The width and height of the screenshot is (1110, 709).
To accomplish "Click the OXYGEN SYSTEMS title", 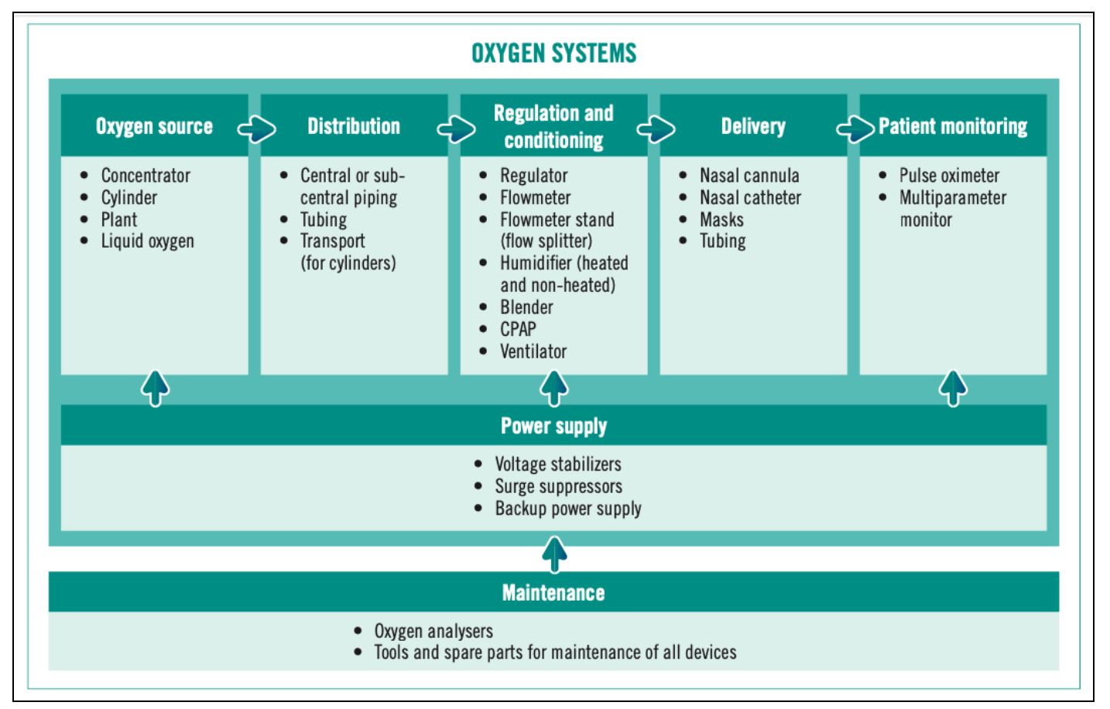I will (x=553, y=53).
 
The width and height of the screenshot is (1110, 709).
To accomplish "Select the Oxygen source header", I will (x=154, y=126).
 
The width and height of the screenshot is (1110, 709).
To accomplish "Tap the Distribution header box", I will (x=354, y=126).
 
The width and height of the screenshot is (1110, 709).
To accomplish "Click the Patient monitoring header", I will (x=953, y=126).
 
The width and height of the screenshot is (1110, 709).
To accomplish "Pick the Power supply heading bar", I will (x=553, y=426).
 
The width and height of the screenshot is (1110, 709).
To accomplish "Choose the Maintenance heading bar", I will (x=553, y=593).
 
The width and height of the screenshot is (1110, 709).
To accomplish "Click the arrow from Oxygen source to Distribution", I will (x=256, y=129).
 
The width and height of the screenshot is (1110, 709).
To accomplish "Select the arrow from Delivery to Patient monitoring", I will (x=855, y=129).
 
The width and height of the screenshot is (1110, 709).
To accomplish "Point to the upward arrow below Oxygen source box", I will (x=155, y=388).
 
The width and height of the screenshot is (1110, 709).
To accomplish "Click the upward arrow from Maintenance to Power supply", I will (x=554, y=554).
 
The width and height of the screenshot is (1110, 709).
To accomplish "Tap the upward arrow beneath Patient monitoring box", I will (x=953, y=388).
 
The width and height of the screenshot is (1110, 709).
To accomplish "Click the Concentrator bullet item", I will (x=146, y=176).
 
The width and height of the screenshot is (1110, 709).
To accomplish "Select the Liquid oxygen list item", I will (x=147, y=241).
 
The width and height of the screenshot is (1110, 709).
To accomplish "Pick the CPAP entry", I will (x=518, y=330).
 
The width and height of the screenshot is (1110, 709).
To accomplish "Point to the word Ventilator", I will (x=533, y=351).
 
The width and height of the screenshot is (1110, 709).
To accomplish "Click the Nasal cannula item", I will (x=749, y=176).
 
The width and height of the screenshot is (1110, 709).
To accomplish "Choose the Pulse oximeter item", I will (x=949, y=176).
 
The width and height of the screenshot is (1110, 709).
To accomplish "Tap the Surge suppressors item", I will (x=558, y=487).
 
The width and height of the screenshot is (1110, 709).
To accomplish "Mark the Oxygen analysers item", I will (x=433, y=632).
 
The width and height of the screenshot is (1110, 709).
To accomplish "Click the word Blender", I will (x=526, y=307).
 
